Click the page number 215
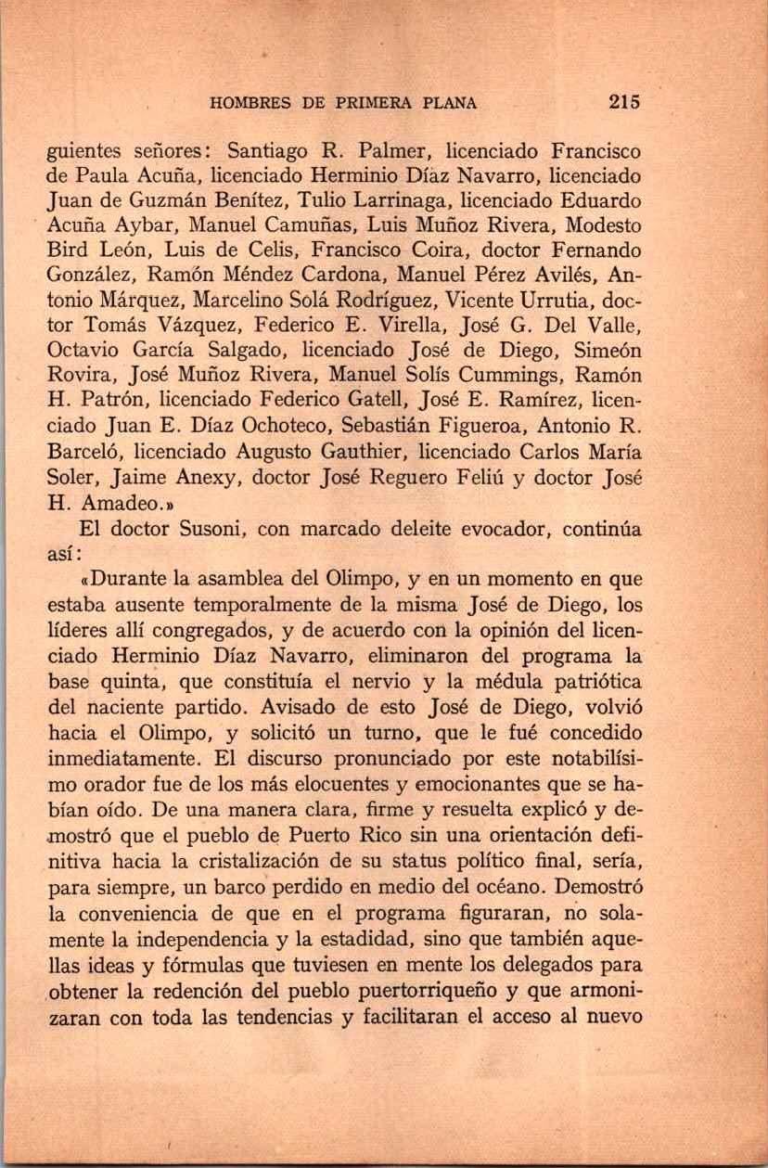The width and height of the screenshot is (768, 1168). point(625,103)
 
